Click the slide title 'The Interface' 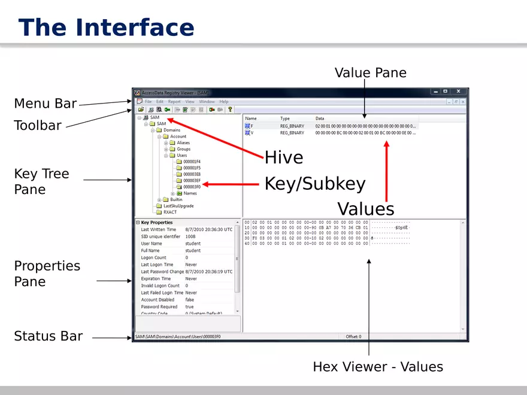106,28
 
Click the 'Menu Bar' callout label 46,104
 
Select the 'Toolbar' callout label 38,125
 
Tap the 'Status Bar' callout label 48,336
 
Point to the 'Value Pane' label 370,73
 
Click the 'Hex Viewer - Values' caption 378,367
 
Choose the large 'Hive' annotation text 284,158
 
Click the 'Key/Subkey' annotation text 314,184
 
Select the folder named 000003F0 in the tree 192,187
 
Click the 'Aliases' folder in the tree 183,143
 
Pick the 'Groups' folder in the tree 183,149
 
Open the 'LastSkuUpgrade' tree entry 178,206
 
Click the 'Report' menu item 174,102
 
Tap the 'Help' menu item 223,102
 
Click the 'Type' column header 285,118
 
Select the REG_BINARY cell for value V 292,133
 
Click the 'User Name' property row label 152,244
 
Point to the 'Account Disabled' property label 158,300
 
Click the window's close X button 458,92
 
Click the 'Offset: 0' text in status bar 353,336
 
